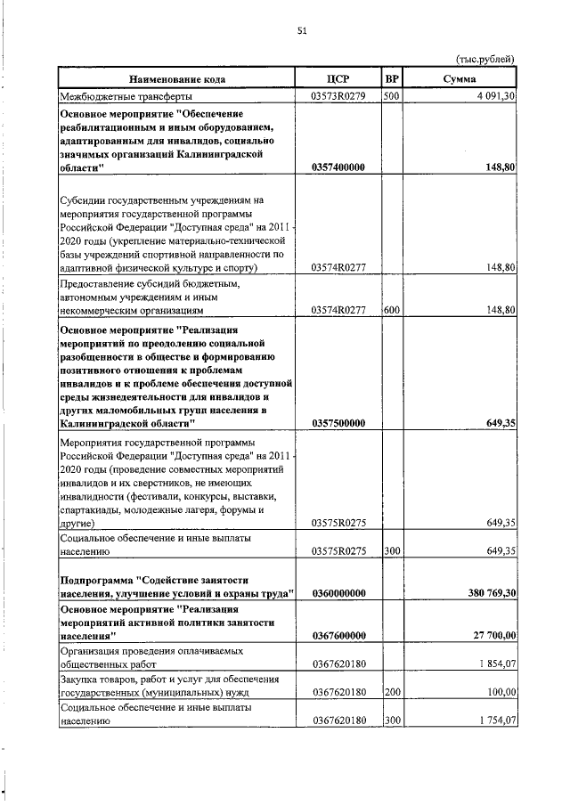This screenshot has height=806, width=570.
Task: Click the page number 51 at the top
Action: click(x=302, y=31)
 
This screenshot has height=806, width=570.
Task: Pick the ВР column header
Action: click(x=392, y=79)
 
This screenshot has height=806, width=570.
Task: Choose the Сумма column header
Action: click(x=459, y=79)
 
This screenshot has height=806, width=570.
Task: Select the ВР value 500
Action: click(x=390, y=95)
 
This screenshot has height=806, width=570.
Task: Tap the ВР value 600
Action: click(x=391, y=310)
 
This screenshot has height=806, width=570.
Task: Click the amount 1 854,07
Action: click(x=495, y=664)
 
